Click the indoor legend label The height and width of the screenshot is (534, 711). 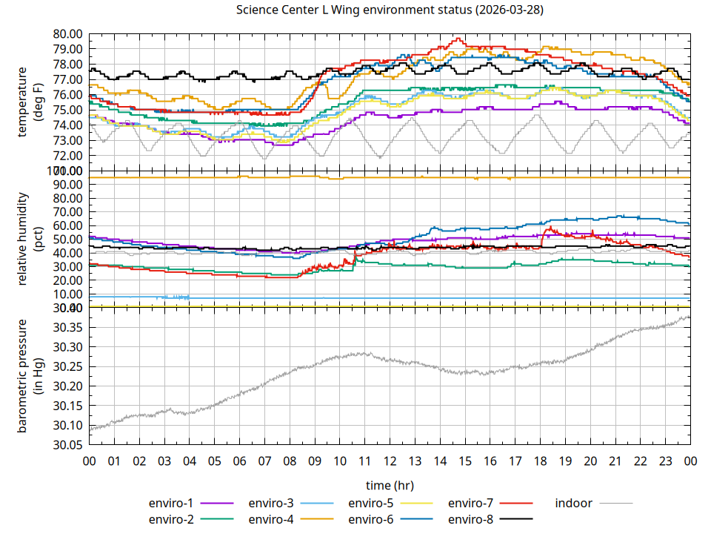573,503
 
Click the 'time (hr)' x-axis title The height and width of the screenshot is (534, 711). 389,485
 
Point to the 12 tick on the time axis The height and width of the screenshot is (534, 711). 390,461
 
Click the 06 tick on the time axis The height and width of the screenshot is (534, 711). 239,461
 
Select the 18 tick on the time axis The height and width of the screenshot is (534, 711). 540,461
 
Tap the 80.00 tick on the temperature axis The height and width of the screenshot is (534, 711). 68,34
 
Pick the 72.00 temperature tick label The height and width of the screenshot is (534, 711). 68,156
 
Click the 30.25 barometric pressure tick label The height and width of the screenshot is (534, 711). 68,367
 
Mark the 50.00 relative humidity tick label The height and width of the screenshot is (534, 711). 68,240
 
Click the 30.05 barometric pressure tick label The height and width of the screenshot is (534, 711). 68,445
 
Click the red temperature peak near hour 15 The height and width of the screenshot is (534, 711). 458,39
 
